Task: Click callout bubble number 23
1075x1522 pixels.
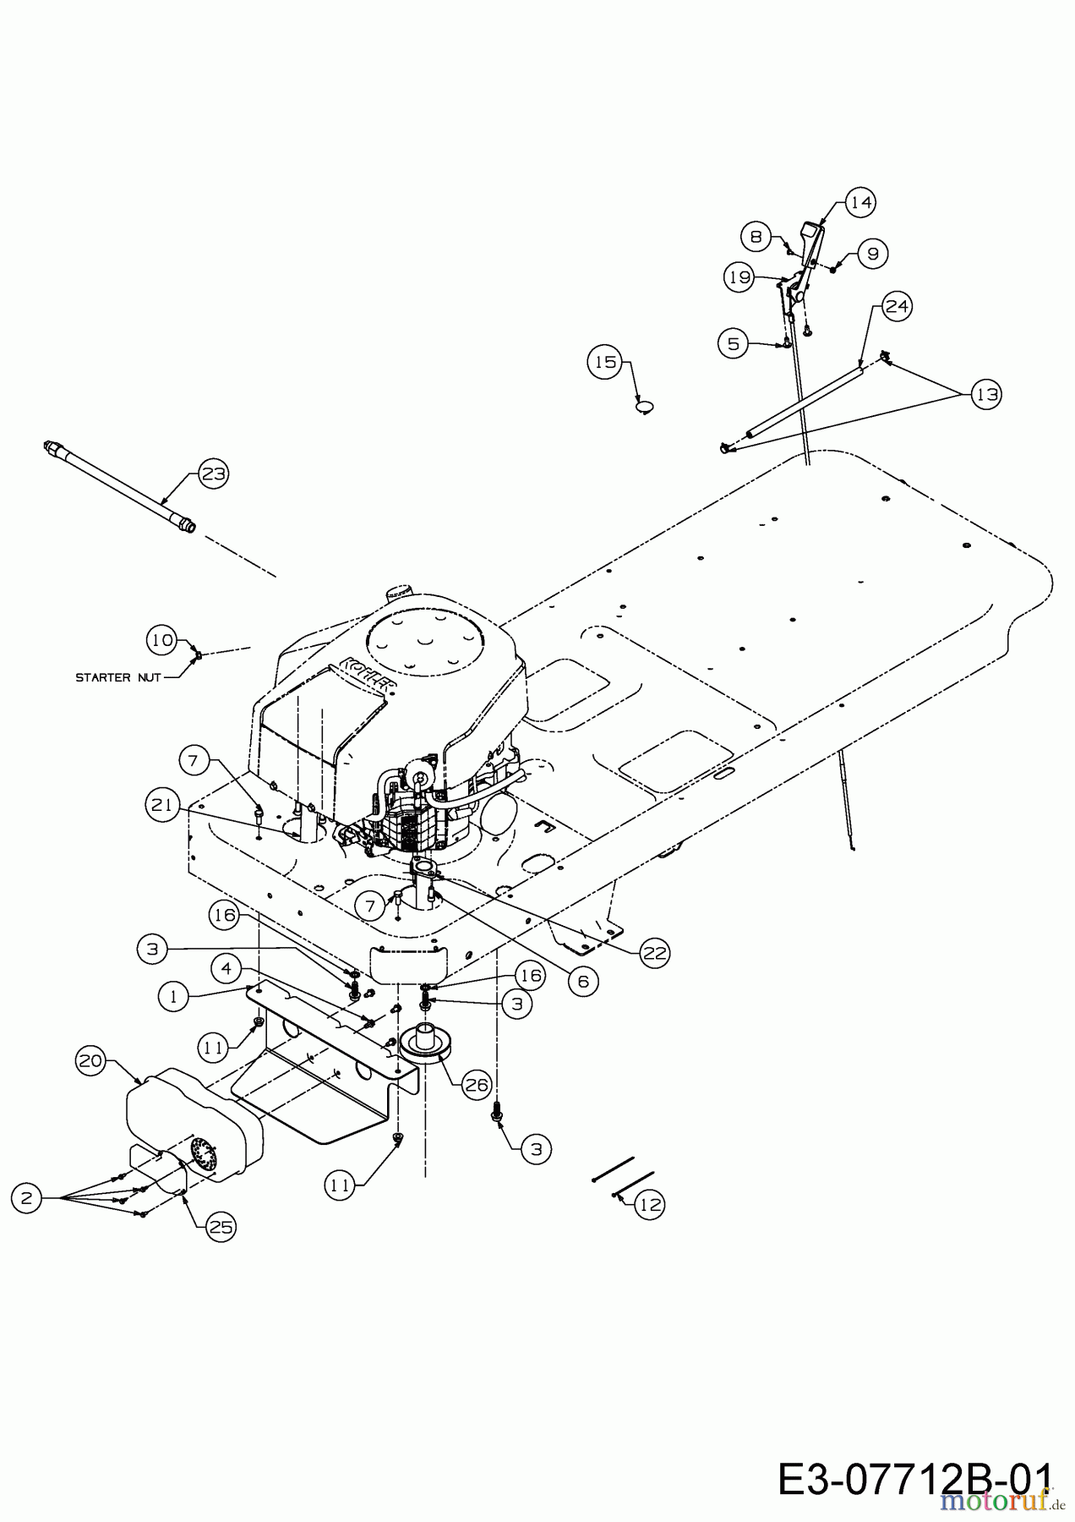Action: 213,474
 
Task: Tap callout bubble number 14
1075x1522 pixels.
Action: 860,202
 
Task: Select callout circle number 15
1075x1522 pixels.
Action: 604,362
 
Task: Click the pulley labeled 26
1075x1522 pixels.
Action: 428,1044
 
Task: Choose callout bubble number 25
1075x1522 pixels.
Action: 221,1227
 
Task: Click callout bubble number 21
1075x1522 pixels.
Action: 161,805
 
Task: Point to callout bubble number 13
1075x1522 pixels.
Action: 986,394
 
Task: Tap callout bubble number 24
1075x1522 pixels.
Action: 897,305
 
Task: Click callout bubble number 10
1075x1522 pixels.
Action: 161,639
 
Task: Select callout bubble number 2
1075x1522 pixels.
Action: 27,1197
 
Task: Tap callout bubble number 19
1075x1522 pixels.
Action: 739,276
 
